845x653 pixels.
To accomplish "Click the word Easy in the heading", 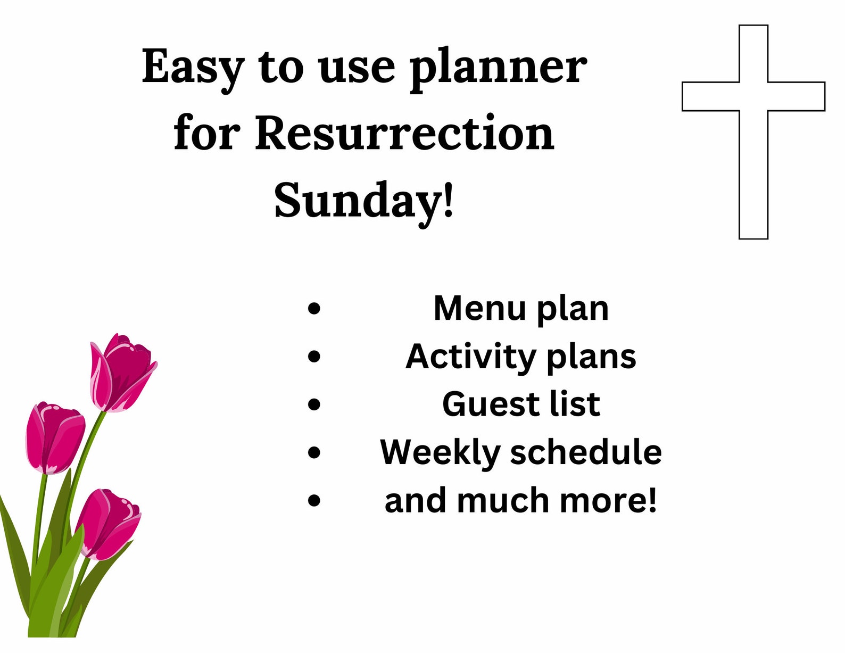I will (193, 68).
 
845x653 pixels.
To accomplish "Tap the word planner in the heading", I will (498, 68).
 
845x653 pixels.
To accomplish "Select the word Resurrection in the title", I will (404, 133).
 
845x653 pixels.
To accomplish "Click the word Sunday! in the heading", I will (364, 200).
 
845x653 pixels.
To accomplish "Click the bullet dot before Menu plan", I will (314, 308).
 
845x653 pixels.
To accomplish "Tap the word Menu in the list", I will (479, 308).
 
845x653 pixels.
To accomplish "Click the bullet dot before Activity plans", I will (314, 356).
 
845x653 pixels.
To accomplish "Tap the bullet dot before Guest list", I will (314, 404).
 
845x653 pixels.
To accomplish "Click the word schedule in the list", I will (586, 452).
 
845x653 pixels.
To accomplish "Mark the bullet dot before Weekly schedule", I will (314, 452).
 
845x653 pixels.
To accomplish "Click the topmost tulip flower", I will (123, 373).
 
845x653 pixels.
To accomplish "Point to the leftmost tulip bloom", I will (55, 437).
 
